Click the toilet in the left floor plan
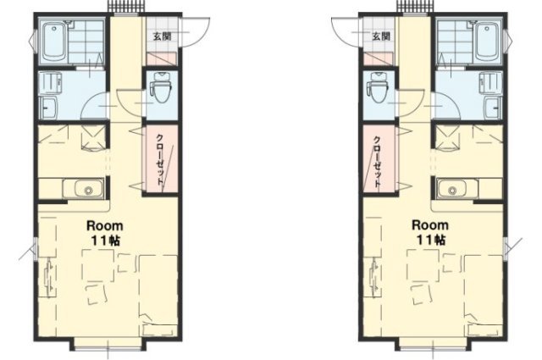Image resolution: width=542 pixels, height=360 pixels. click(162, 87)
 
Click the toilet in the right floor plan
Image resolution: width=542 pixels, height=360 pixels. click(379, 87)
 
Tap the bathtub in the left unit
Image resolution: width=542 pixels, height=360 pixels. click(53, 41)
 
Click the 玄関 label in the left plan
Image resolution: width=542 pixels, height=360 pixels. click(162, 36)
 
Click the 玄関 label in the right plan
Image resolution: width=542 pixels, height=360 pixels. click(381, 36)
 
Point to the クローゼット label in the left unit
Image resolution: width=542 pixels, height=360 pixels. click(160, 158)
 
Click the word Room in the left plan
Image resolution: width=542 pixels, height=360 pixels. click(104, 226)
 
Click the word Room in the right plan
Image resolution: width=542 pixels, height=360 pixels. click(430, 225)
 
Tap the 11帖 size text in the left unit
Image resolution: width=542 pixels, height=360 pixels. click(105, 241)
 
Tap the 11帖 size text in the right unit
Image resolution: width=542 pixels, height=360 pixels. click(431, 240)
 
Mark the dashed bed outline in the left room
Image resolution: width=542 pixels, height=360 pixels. click(158, 296)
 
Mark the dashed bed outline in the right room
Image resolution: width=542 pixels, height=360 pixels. click(484, 296)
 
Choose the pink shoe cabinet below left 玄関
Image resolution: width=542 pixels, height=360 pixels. click(162, 58)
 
